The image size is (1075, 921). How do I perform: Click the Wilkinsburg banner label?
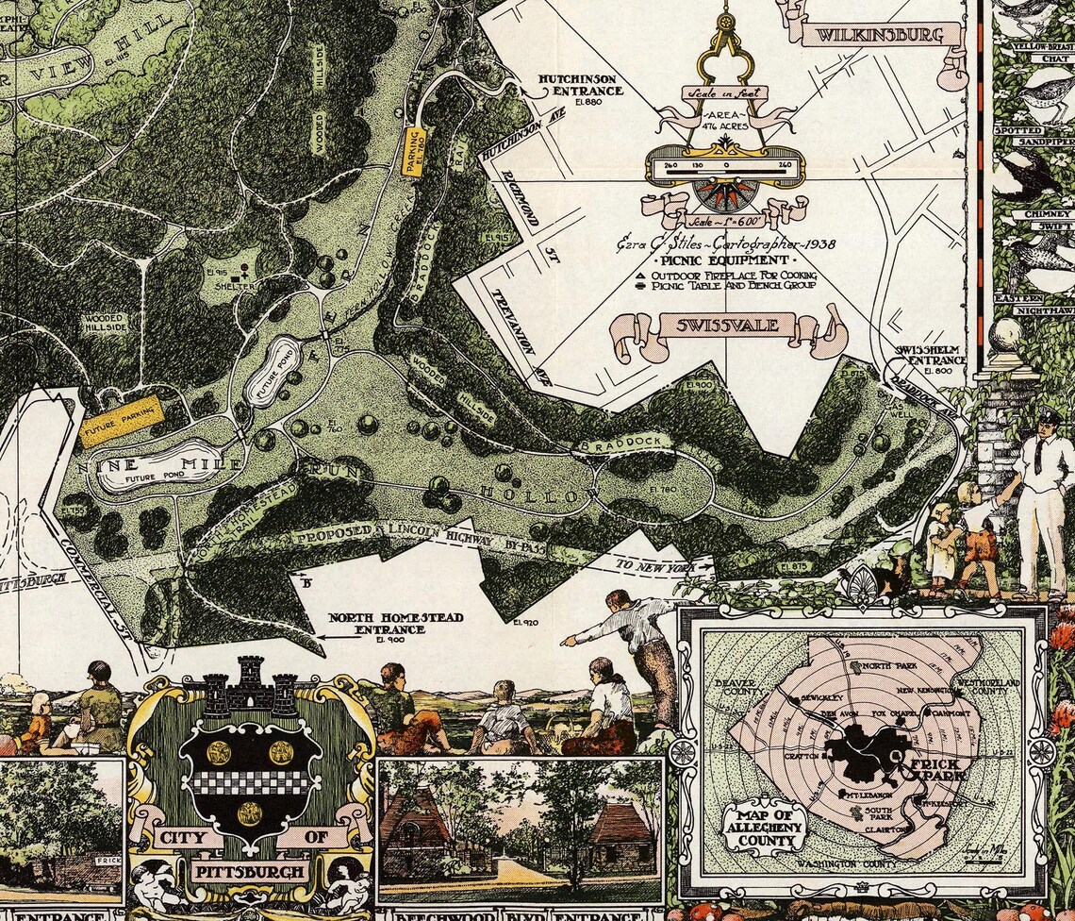(879, 37)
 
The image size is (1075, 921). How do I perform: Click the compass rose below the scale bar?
(724, 195)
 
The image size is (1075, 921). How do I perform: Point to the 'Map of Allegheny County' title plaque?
(761, 829)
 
